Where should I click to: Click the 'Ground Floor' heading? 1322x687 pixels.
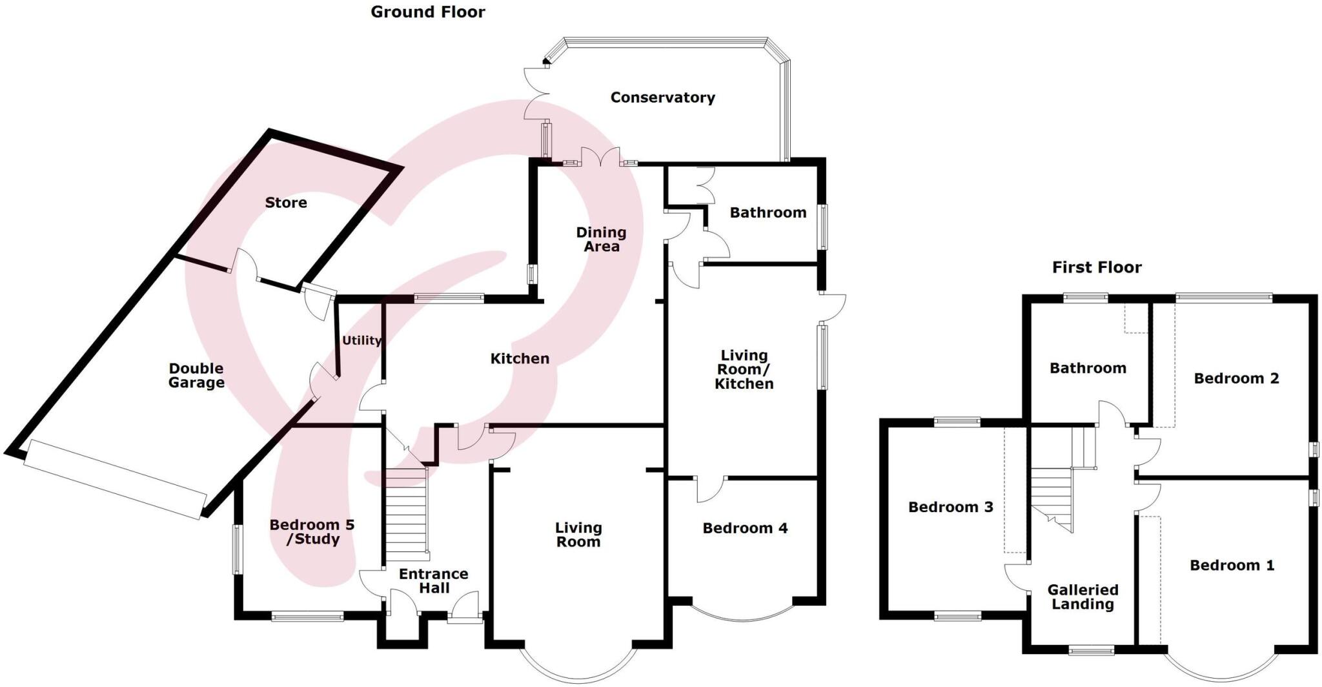point(427,12)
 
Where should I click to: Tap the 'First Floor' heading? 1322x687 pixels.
point(1097,267)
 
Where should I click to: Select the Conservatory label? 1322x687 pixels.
point(662,97)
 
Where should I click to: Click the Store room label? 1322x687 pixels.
point(285,203)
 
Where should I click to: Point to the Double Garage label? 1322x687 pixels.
point(196,375)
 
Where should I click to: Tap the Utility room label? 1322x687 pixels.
point(361,340)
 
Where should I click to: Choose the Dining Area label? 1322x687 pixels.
point(601,239)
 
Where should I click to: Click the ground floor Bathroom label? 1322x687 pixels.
point(768,212)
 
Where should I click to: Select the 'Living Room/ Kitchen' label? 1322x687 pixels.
point(744,369)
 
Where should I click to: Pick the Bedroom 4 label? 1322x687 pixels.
point(745,528)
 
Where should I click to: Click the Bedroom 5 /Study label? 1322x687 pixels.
point(312,531)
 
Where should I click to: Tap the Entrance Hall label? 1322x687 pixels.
point(433,580)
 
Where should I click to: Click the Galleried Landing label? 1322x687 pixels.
point(1083,597)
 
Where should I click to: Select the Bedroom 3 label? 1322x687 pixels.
point(950,507)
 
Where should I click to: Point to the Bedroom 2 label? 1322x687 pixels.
point(1236,378)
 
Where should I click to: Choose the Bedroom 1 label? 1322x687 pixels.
point(1232,566)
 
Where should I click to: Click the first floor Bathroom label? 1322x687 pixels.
point(1088,368)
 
